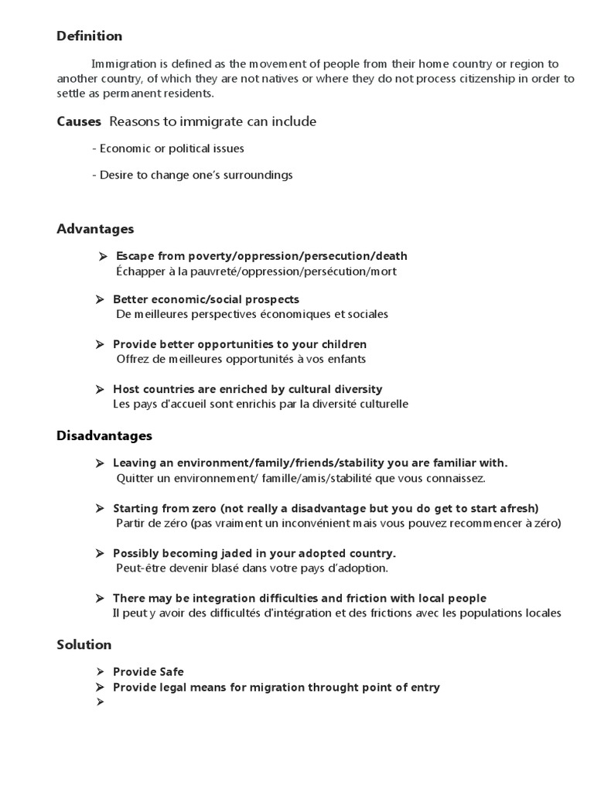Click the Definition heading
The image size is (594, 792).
(x=89, y=36)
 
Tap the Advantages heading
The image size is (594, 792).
(x=95, y=229)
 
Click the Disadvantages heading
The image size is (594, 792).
(x=104, y=436)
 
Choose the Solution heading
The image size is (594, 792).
(x=84, y=644)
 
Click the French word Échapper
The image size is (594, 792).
(x=142, y=271)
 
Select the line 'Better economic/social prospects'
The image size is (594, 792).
(x=206, y=299)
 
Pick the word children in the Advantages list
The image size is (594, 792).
(x=343, y=344)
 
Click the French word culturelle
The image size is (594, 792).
(x=382, y=404)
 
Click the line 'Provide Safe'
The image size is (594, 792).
(x=148, y=672)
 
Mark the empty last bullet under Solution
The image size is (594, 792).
(x=100, y=702)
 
